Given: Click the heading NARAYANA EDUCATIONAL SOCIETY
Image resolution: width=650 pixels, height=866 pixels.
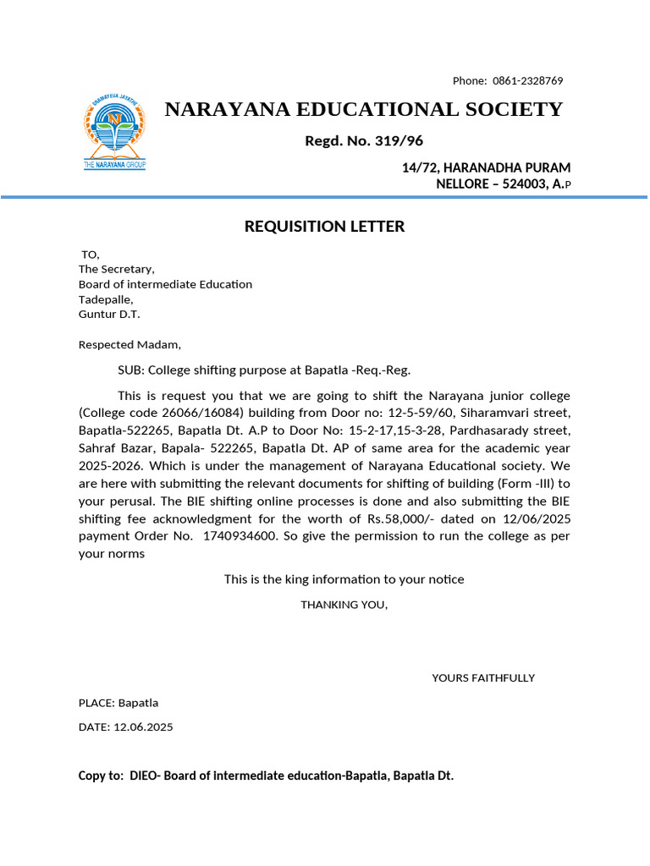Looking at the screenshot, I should (x=363, y=109).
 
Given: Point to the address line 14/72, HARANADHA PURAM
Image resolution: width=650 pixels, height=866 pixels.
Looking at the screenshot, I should (x=486, y=167).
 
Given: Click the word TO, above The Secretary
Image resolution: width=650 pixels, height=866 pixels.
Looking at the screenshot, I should (x=91, y=255).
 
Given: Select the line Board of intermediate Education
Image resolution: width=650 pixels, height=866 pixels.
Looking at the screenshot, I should (x=165, y=284).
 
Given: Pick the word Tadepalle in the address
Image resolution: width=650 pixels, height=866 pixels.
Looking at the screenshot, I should (x=106, y=299).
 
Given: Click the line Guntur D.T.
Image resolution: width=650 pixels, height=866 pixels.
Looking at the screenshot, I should (x=109, y=315).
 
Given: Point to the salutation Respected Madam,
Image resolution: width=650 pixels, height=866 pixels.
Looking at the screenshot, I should (x=129, y=344).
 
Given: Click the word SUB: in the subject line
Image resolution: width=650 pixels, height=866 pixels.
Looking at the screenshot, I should (x=131, y=370).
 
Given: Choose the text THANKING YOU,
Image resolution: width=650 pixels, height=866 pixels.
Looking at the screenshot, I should (x=344, y=605).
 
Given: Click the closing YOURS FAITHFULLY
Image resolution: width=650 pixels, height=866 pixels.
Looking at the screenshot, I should (x=483, y=677).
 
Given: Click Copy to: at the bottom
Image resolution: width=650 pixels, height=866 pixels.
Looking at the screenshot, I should (x=101, y=776).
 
